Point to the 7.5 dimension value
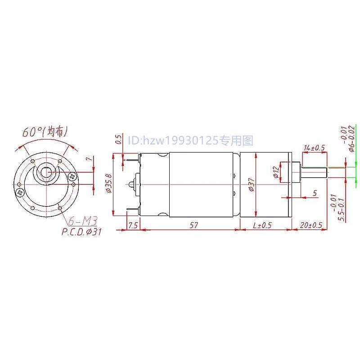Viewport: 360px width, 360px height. pos(133,225)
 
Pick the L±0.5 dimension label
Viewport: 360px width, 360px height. pos(262,225)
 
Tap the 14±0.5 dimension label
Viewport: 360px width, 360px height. pos(315,148)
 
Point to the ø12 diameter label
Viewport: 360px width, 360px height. pos(276,173)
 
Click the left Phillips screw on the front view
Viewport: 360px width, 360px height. pos(20,193)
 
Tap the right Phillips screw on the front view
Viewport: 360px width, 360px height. pos(73,177)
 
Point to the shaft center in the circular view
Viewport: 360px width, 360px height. pos(46,172)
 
